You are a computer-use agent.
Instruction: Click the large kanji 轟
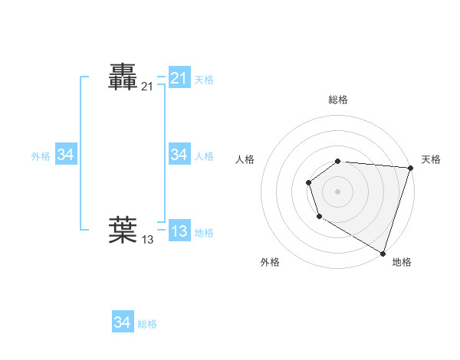click(x=123, y=77)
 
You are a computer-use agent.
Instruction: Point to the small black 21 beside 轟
click(x=147, y=87)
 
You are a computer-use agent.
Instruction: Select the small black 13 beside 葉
click(x=147, y=240)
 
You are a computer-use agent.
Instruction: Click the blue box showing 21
click(x=179, y=77)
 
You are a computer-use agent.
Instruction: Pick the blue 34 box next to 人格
click(x=179, y=155)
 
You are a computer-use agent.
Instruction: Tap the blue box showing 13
click(x=179, y=231)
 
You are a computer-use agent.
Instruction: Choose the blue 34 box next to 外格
click(x=65, y=155)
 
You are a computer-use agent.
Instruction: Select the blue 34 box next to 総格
click(x=122, y=322)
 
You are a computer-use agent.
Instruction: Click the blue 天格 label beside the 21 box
click(x=204, y=80)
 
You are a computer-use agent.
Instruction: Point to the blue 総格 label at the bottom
click(x=147, y=324)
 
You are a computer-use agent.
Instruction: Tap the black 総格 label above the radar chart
click(x=338, y=100)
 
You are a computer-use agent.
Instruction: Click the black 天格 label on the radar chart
click(x=431, y=159)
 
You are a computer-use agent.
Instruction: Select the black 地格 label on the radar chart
click(x=402, y=263)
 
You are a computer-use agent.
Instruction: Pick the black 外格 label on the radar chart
click(x=270, y=263)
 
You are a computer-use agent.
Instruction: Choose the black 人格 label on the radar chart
click(x=245, y=159)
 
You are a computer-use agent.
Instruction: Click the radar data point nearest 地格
click(x=383, y=252)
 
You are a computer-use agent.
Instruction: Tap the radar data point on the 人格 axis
click(x=308, y=182)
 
